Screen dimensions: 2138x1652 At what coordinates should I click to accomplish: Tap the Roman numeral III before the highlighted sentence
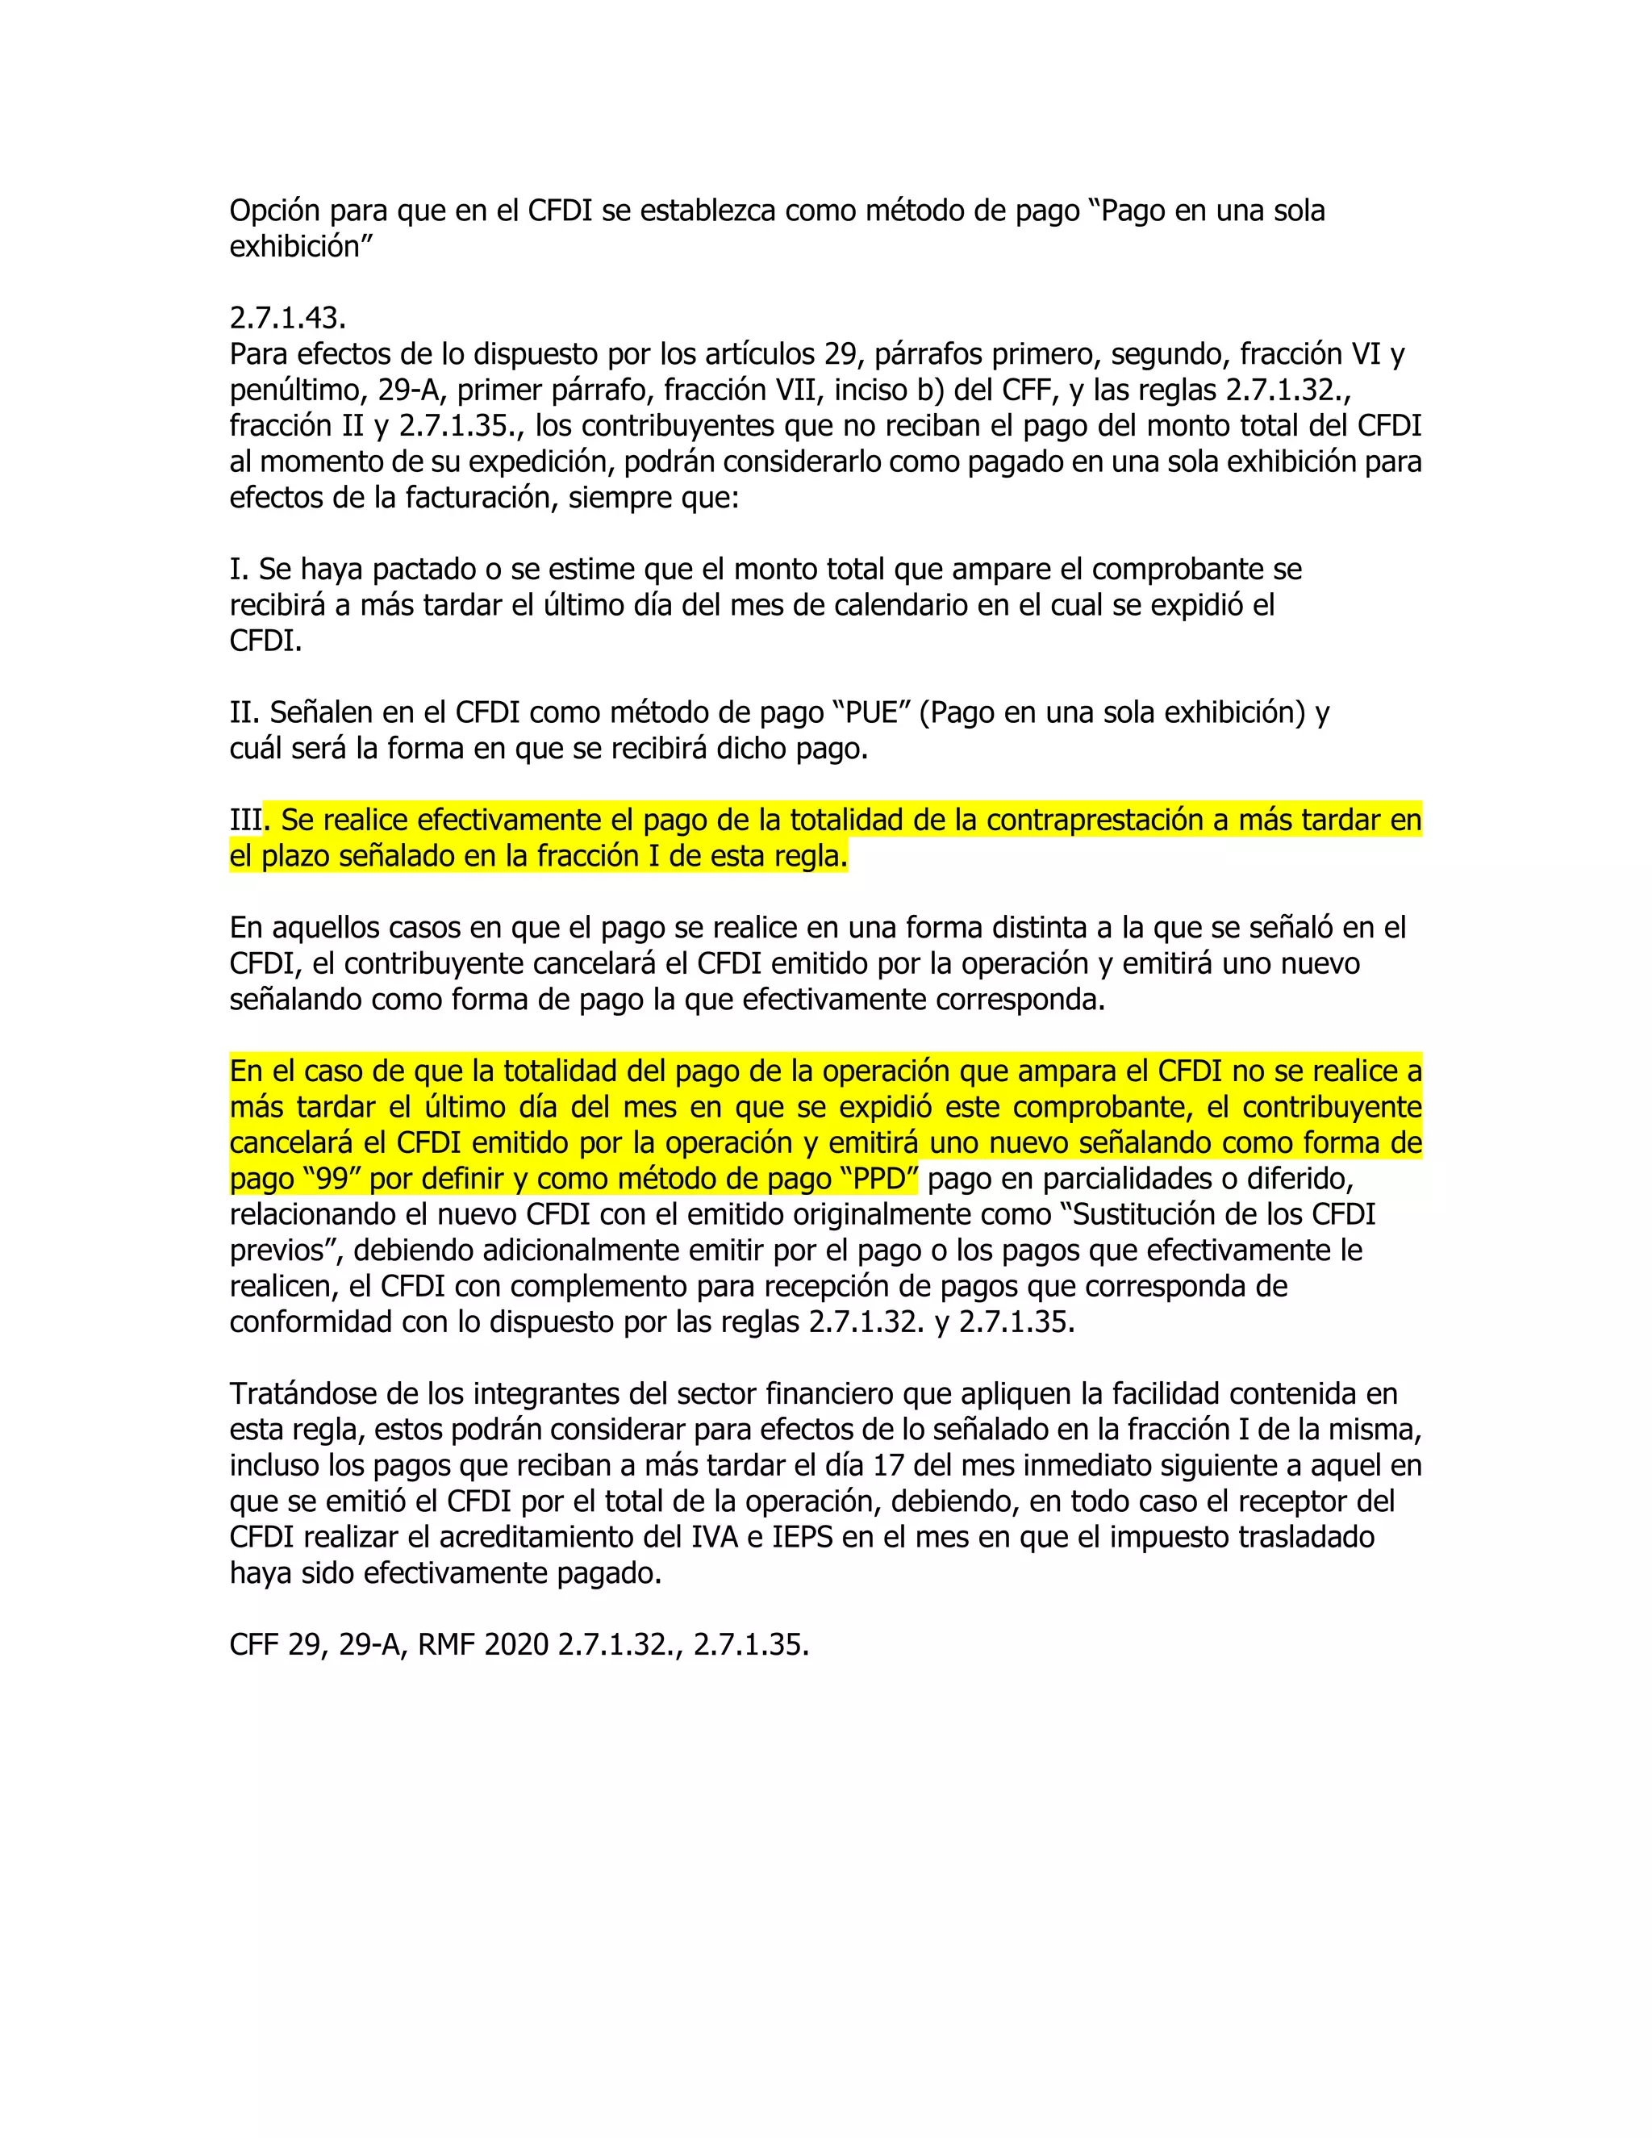tap(246, 821)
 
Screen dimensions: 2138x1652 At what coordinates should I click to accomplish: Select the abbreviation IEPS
tap(803, 1537)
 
